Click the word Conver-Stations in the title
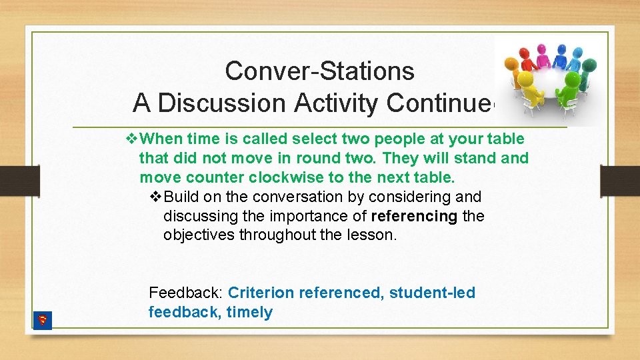(319, 71)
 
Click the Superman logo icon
(43, 321)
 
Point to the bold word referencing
(414, 216)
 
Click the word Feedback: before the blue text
(186, 293)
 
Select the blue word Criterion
(261, 293)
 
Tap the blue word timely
(249, 312)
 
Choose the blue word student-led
(432, 293)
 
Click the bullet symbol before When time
(132, 139)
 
